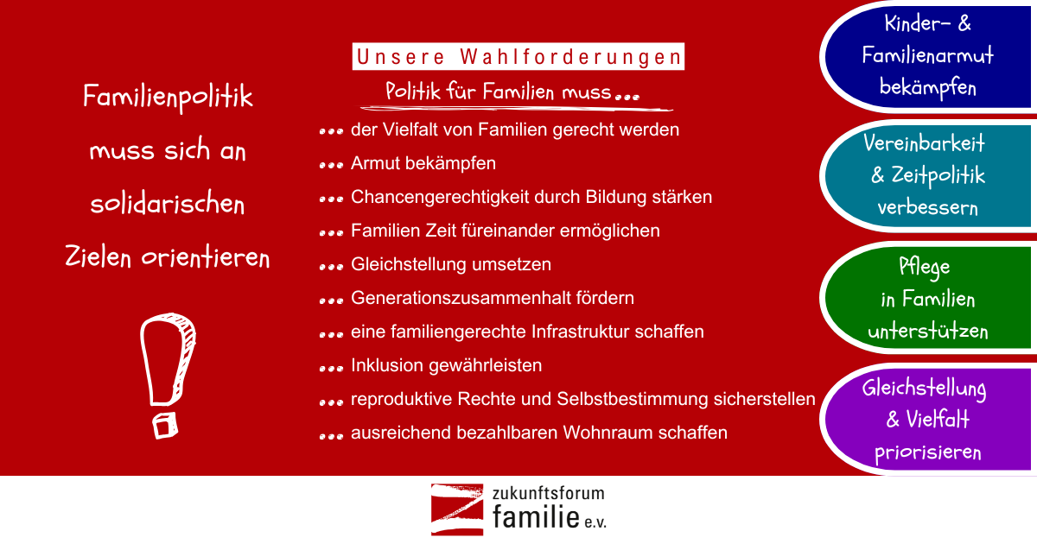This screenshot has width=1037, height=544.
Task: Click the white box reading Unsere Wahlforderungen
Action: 518,56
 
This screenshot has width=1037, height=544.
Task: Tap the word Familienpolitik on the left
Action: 168,97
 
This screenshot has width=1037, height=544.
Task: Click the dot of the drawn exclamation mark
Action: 165,426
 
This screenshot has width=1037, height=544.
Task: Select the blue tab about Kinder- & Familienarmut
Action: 928,56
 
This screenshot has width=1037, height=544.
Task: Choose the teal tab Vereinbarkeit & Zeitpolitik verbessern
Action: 928,176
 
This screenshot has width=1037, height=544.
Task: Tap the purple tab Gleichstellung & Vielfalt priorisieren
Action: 928,419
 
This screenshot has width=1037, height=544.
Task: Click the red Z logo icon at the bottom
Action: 457,509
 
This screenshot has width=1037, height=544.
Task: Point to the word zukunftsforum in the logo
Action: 548,493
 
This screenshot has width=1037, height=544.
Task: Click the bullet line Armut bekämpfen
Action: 423,163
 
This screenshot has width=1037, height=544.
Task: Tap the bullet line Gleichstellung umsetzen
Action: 451,264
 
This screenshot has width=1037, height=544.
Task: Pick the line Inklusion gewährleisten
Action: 446,365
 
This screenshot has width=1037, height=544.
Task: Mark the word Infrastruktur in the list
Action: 581,332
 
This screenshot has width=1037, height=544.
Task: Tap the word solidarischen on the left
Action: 168,204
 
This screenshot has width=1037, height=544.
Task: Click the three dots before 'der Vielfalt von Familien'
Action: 331,131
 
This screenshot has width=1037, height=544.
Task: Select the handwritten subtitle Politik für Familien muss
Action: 512,92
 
